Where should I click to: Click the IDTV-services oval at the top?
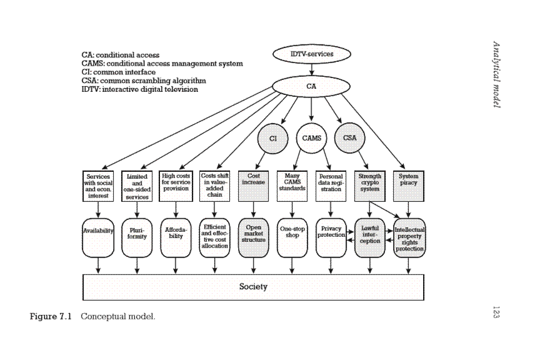[312, 54]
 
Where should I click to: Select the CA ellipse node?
[311, 86]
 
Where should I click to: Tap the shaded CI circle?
[272, 137]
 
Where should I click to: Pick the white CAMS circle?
[311, 137]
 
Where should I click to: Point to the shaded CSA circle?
[349, 137]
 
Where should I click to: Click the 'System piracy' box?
[409, 186]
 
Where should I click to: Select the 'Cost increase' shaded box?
[253, 186]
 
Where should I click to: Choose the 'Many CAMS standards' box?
[292, 186]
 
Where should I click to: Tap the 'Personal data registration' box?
[331, 186]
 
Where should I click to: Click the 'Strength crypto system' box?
[369, 186]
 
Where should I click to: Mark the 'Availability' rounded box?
[98, 237]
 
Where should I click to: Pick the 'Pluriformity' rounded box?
[137, 237]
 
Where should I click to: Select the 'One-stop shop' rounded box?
[292, 237]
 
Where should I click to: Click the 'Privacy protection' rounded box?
[331, 237]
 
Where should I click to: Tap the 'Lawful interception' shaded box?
[370, 237]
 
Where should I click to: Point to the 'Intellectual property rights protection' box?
[409, 237]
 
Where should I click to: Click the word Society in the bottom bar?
[253, 287]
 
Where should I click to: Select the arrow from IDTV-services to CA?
[311, 69]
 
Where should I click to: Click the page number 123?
[496, 312]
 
